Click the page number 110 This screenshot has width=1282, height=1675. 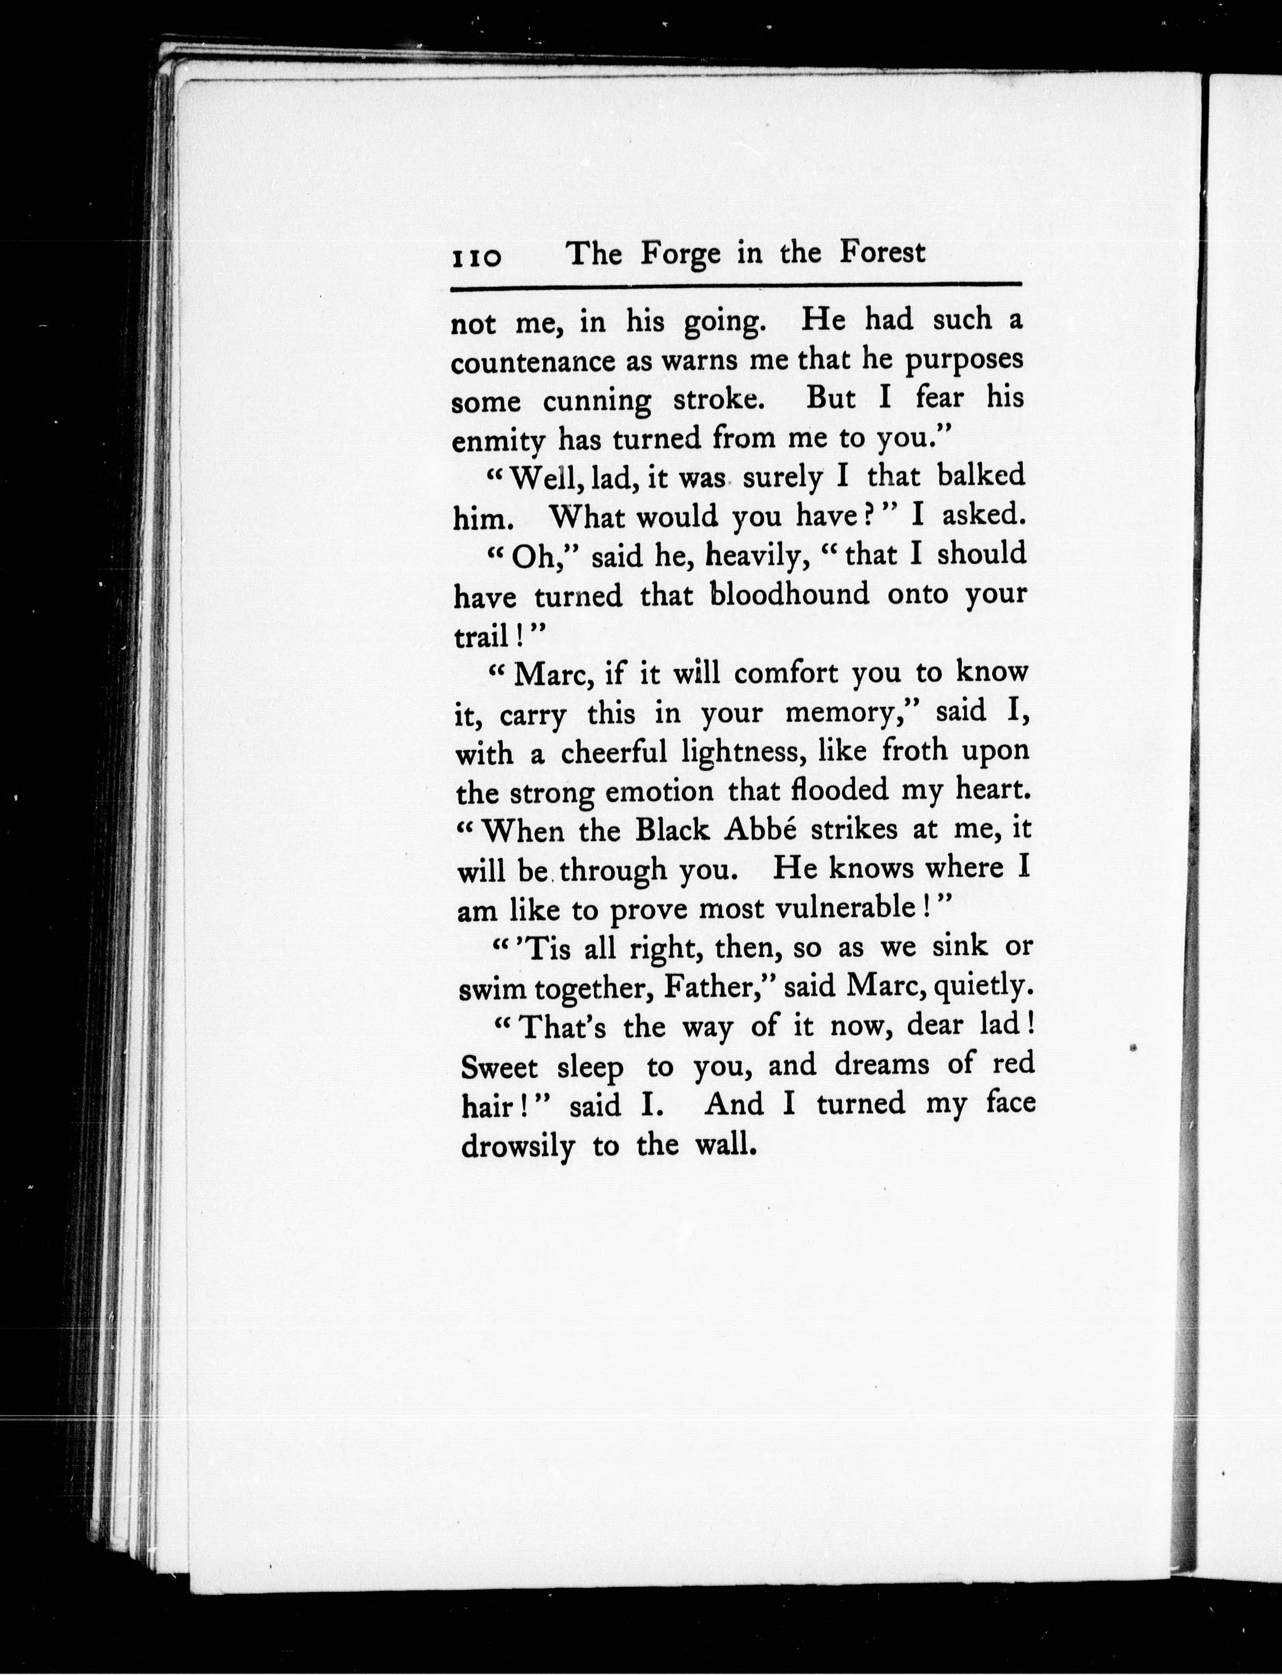click(476, 257)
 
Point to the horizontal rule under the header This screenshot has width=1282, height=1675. click(736, 287)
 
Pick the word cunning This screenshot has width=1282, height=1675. click(597, 401)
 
